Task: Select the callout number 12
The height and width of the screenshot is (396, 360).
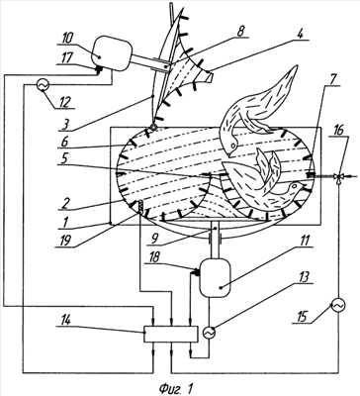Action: click(x=63, y=102)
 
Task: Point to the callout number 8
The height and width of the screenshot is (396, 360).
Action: click(x=240, y=32)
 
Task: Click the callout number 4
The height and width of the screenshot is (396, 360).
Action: click(x=300, y=34)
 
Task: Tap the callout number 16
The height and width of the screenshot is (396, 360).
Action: click(x=341, y=131)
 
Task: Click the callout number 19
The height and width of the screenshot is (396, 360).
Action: click(x=64, y=240)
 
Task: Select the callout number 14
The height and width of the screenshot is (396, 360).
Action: click(x=63, y=320)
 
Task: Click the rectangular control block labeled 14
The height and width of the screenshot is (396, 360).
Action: click(x=171, y=334)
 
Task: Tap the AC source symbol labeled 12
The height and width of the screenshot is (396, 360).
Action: click(x=43, y=85)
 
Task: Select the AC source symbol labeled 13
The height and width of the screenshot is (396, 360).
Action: click(x=209, y=333)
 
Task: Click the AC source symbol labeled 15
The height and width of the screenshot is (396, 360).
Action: click(x=338, y=305)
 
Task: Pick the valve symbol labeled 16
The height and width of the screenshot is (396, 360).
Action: click(x=339, y=176)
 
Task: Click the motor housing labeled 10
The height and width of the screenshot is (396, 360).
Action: click(x=111, y=55)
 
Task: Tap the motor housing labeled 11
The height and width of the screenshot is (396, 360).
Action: click(x=215, y=277)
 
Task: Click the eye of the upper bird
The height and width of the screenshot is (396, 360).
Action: click(x=233, y=145)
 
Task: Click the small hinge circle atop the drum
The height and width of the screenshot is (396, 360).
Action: click(x=153, y=127)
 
